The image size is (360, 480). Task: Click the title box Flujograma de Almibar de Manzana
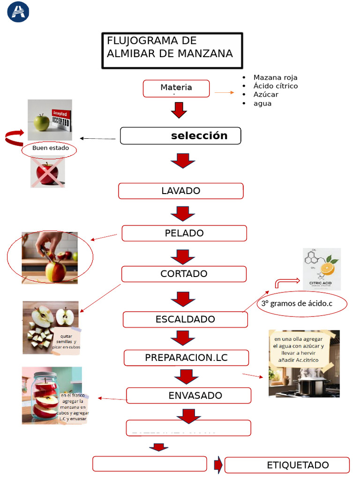click(x=172, y=50)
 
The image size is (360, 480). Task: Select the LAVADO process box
click(x=180, y=191)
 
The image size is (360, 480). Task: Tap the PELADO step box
click(x=184, y=233)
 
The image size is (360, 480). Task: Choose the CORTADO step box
click(x=184, y=274)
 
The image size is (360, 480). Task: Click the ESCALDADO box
click(x=185, y=319)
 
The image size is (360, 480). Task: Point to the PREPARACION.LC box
click(x=186, y=357)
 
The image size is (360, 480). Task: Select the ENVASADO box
click(x=188, y=395)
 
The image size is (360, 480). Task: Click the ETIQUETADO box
click(x=287, y=465)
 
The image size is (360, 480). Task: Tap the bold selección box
click(x=180, y=135)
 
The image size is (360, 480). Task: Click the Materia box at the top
click(x=176, y=88)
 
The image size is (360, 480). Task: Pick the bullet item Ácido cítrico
click(x=275, y=86)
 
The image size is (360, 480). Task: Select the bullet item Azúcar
click(x=266, y=94)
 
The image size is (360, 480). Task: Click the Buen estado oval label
click(x=49, y=149)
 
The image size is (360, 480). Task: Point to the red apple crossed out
click(x=47, y=173)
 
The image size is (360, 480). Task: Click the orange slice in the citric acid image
click(x=327, y=268)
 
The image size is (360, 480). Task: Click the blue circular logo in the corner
click(x=18, y=12)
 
